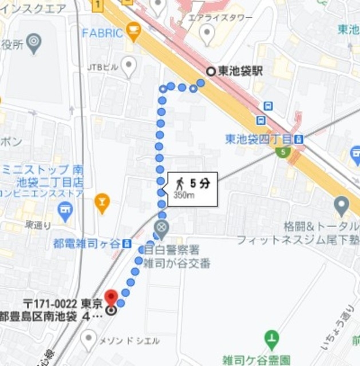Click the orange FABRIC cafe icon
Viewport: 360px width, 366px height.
pos(134,31)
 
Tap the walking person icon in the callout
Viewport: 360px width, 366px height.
pos(179,183)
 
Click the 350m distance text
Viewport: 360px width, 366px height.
pos(184,195)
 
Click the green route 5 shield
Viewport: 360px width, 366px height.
pos(282,152)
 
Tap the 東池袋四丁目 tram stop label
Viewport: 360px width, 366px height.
pos(258,139)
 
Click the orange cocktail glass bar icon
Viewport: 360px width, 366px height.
pos(102,201)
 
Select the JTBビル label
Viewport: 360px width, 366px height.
pos(102,67)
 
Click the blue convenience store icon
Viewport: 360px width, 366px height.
pos(65,212)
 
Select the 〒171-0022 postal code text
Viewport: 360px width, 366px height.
pos(54,303)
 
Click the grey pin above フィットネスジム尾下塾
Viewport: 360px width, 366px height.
pos(342,204)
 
